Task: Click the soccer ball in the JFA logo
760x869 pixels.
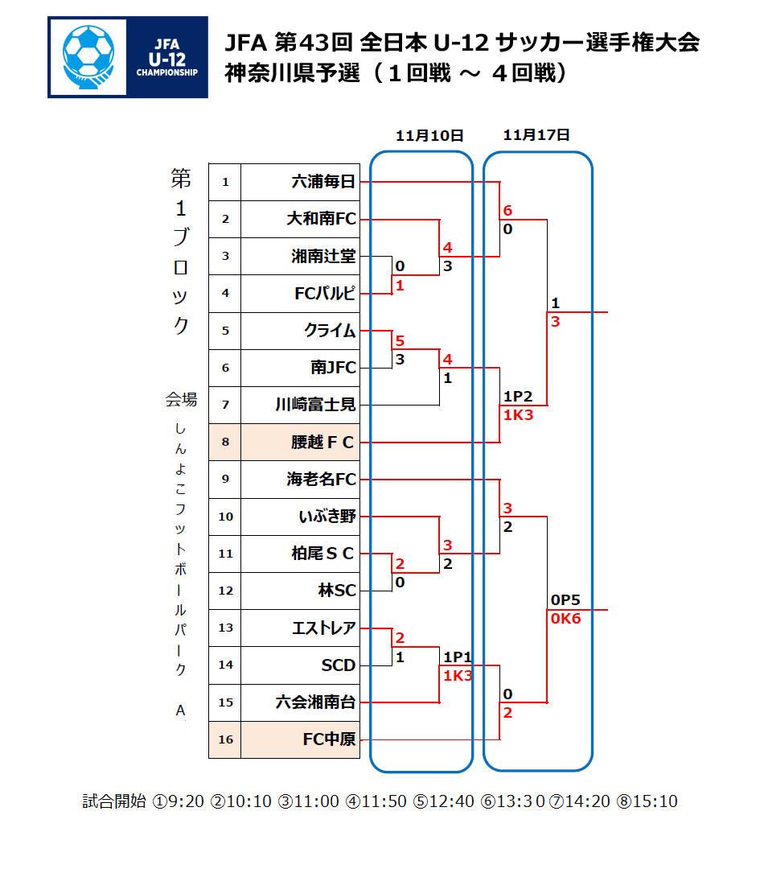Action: point(88,52)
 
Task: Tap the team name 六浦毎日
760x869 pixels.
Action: point(323,182)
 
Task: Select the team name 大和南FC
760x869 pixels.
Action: point(321,219)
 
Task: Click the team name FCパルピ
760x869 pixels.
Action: point(325,293)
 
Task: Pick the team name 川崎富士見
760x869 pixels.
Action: point(316,405)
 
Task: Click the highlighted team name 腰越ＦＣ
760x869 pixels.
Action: point(322,443)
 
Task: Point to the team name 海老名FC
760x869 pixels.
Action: point(321,479)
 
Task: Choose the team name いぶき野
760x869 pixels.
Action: point(327,517)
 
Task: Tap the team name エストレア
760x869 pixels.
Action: point(324,628)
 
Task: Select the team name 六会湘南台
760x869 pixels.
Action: point(316,702)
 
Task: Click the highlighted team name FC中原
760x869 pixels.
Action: point(330,739)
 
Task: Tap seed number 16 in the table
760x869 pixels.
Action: point(225,739)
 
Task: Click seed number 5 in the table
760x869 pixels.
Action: point(225,331)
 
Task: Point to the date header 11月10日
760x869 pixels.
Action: point(429,136)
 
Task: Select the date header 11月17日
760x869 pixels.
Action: point(536,135)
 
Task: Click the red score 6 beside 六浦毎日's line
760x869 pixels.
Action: point(507,211)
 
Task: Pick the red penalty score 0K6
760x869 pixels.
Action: point(565,619)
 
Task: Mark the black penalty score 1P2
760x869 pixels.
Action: point(518,396)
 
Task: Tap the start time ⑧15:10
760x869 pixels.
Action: point(647,801)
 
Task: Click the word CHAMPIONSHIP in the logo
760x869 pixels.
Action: point(166,72)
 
